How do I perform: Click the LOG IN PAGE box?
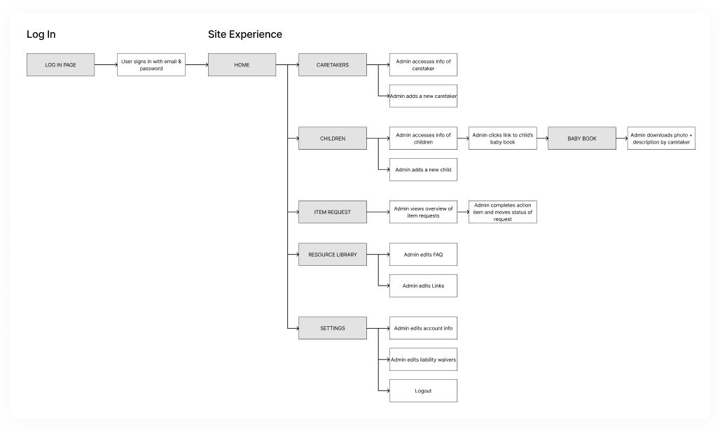click(60, 65)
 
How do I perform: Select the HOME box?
click(242, 65)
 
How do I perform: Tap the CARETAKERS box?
click(332, 65)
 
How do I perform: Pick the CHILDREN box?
click(332, 139)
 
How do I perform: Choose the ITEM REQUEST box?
click(332, 212)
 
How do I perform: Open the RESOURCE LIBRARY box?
click(332, 255)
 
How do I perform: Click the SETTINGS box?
click(332, 328)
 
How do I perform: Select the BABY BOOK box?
click(581, 139)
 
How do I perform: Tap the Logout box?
click(423, 390)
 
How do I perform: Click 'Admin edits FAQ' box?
click(423, 255)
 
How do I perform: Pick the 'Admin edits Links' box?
click(423, 286)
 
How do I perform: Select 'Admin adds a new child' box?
click(423, 170)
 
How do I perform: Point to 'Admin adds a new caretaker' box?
click(423, 96)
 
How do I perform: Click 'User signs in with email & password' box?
click(151, 65)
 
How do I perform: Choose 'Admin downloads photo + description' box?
click(660, 139)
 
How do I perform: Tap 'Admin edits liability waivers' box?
click(423, 360)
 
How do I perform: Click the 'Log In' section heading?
click(41, 34)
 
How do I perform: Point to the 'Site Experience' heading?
click(245, 34)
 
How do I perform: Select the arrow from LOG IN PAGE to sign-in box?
click(106, 65)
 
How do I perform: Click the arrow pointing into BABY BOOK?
click(542, 139)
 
